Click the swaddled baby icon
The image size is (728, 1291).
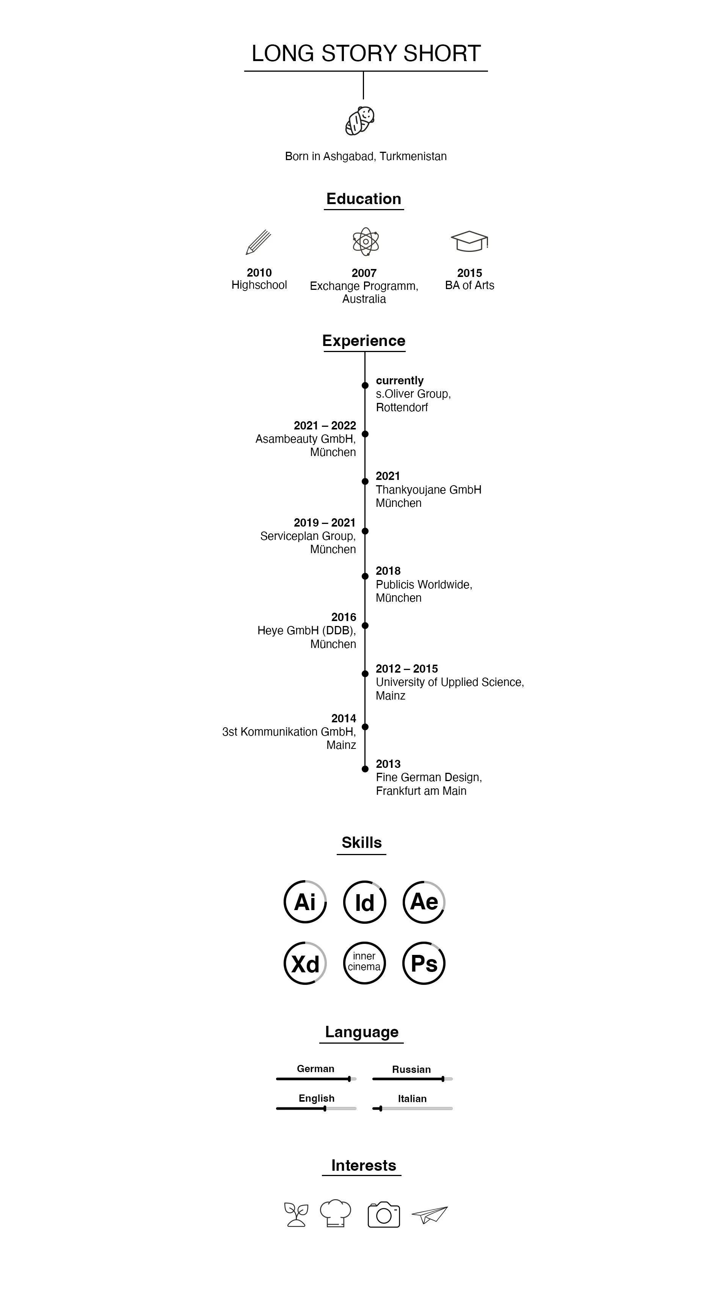pos(360,121)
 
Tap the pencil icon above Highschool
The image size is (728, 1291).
pos(259,242)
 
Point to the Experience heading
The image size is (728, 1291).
pos(364,341)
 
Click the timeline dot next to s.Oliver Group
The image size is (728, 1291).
pos(365,385)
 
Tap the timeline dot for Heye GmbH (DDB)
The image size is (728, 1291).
pos(365,626)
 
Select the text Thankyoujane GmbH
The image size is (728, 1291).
pos(428,490)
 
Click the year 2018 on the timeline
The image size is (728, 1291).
pos(388,571)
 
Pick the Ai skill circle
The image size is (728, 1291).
pos(304,902)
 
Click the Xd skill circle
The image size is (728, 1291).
pos(304,963)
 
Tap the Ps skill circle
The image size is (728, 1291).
pos(424,963)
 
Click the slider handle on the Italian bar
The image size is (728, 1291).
pos(380,1109)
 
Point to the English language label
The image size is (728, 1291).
pos(316,1098)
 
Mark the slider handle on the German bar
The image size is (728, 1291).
pos(349,1079)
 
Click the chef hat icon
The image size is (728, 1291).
pos(335,1213)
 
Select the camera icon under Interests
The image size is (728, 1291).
pos(384,1214)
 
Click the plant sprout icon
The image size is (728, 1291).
pos(296,1214)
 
